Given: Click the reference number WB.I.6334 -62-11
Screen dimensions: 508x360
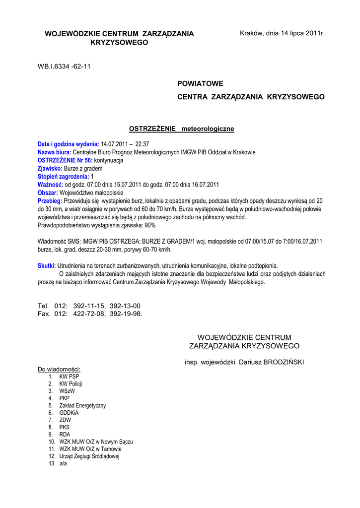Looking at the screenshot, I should [x=64, y=66].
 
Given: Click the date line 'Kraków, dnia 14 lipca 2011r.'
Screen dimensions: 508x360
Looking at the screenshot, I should [x=282, y=33].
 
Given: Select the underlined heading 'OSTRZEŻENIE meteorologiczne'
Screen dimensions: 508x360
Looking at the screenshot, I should [x=181, y=129].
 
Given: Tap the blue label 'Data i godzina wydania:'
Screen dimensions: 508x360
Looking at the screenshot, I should [x=69, y=144].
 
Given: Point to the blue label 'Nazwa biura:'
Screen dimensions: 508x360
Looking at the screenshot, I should [x=55, y=152].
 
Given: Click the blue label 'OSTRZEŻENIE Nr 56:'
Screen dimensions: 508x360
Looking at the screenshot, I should [x=65, y=160].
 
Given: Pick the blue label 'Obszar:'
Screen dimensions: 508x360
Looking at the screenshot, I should [x=48, y=192].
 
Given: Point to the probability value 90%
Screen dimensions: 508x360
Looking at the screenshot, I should [x=150, y=225].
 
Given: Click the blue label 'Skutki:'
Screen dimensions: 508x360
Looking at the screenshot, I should [x=47, y=265].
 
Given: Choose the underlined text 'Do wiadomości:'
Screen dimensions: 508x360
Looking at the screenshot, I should [x=59, y=370].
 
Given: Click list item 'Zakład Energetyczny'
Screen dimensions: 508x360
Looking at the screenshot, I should [x=82, y=405].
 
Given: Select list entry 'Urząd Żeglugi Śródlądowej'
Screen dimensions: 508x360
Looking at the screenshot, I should [x=89, y=456].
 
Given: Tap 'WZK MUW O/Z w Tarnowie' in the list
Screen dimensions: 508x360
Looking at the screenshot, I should [x=90, y=449].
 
